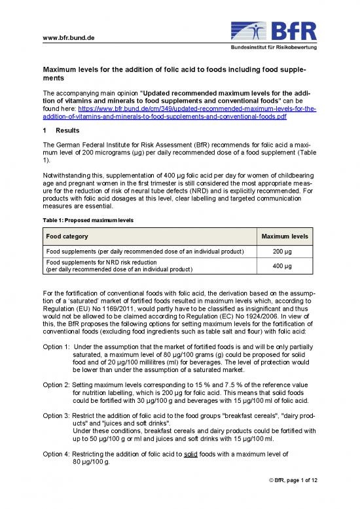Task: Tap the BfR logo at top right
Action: point(274,29)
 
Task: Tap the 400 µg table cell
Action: point(285,265)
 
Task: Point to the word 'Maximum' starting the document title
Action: point(62,68)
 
